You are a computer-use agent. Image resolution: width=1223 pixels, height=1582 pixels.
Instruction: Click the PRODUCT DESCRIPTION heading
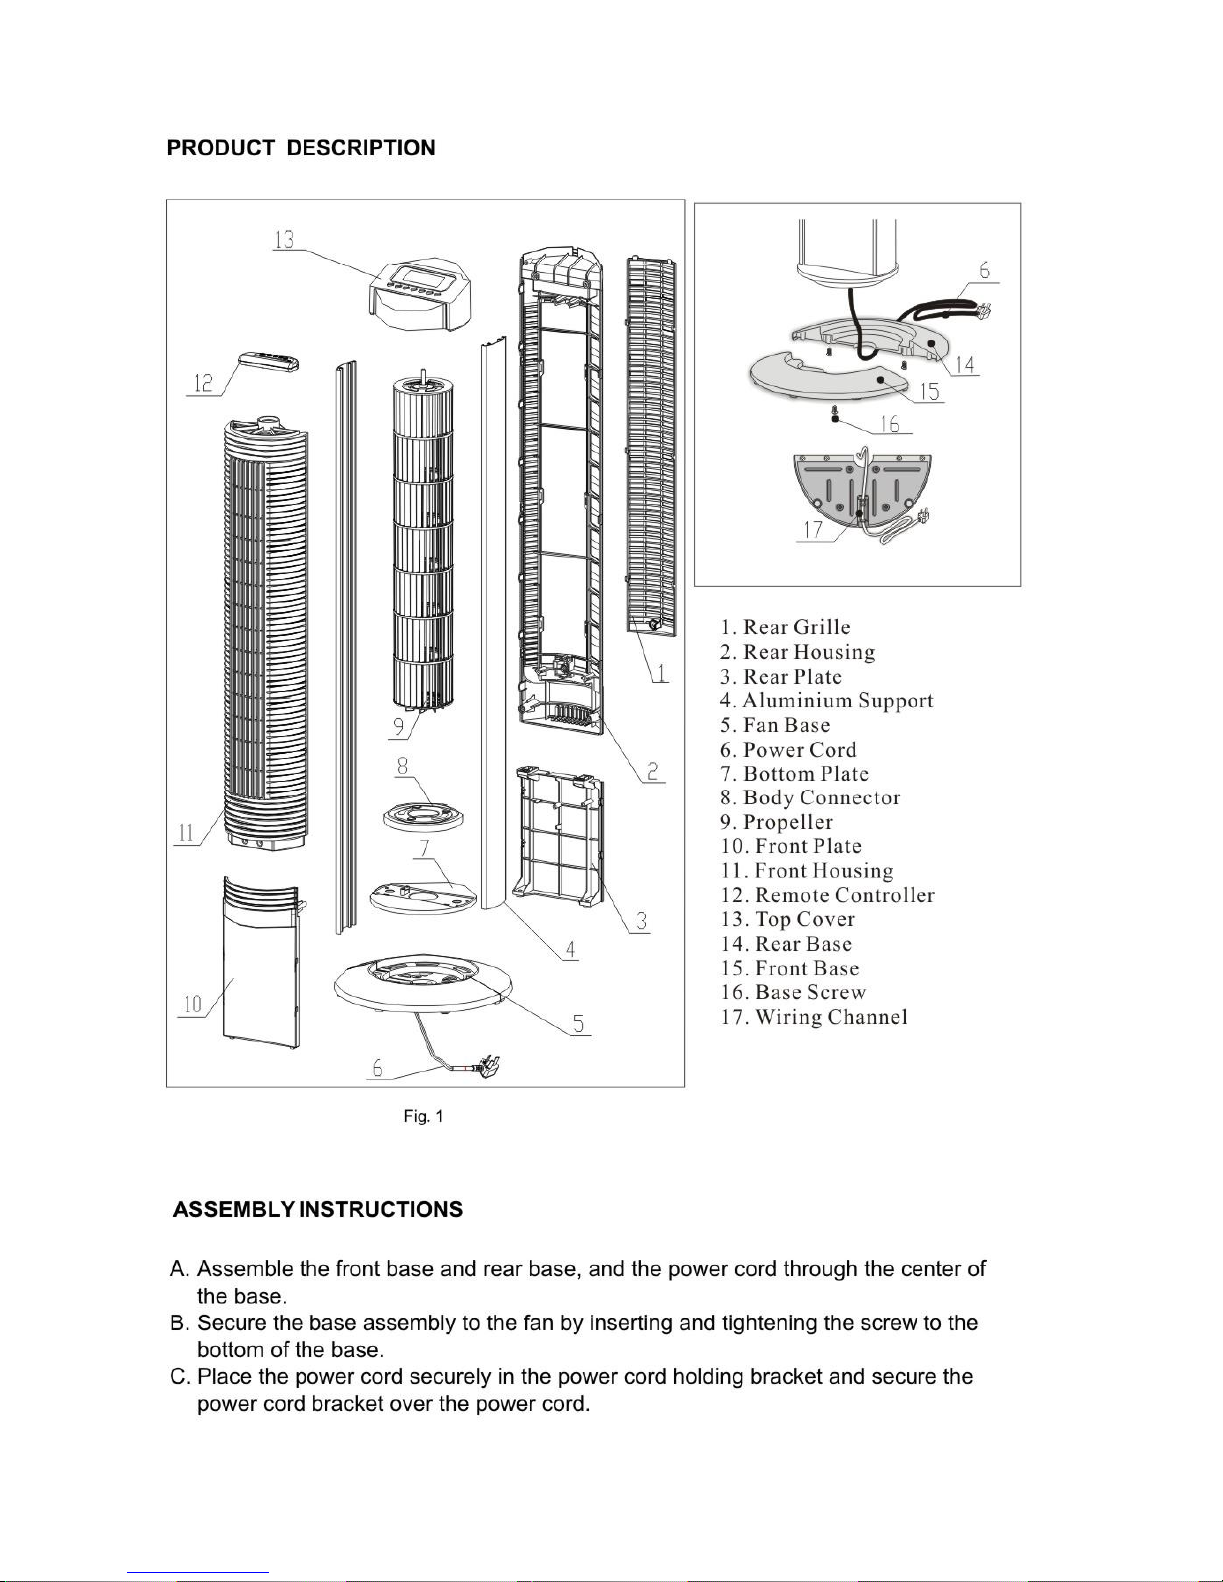point(301,148)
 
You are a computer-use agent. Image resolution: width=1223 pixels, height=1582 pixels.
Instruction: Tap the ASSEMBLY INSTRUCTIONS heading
point(317,1210)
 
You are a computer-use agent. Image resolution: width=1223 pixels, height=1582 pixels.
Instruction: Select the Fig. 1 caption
point(423,1116)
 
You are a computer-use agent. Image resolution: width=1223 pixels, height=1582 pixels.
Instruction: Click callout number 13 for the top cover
point(284,239)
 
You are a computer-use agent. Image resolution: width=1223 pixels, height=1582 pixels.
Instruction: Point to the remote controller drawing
point(268,362)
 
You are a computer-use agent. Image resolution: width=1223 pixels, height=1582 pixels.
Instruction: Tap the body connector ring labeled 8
point(423,818)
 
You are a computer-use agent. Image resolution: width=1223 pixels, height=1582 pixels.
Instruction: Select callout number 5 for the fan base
point(578,1024)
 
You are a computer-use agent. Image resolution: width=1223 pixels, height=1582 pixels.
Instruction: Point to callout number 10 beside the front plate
point(192,1005)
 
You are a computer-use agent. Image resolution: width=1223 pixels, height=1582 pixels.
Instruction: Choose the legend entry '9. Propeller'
point(776,822)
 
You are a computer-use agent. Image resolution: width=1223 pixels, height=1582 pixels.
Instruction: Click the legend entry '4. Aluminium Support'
point(827,701)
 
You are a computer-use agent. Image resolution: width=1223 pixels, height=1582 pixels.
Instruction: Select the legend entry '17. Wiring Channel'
point(814,1017)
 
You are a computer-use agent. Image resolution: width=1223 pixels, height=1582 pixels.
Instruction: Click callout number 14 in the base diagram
point(964,364)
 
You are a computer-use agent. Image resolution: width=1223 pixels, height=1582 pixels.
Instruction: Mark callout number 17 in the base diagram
point(813,530)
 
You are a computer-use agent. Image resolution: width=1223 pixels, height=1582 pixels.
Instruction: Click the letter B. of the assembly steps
point(179,1322)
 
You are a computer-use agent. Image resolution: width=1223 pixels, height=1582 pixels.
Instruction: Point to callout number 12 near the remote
point(203,383)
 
